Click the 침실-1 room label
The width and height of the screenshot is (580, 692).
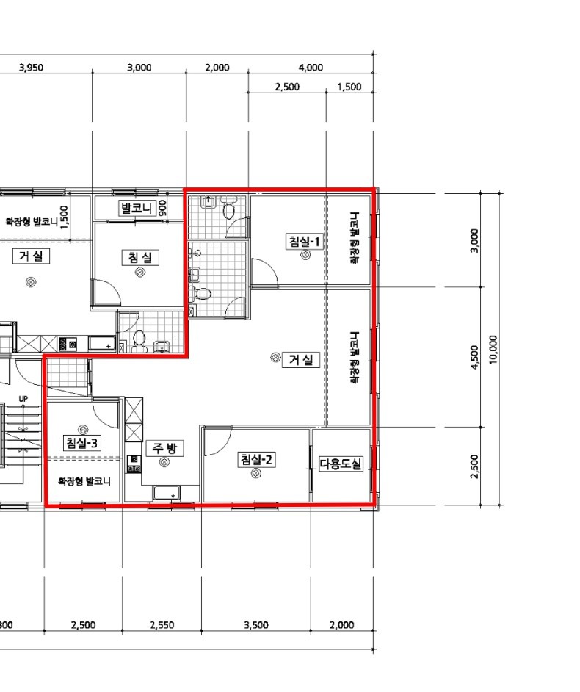coord(305,242)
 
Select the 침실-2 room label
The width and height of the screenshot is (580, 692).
coord(255,460)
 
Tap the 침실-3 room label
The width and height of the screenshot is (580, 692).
coord(82,443)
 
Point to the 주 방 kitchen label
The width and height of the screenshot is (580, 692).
coord(164,448)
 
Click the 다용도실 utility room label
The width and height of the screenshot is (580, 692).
coord(341,464)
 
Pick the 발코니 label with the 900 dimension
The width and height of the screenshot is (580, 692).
coord(137,208)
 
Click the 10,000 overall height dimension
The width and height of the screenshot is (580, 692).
coord(493,350)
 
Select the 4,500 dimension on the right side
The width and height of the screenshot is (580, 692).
coord(474,358)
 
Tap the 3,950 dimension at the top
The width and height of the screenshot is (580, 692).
coord(32,68)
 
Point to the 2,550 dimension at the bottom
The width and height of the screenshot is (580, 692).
coord(162,625)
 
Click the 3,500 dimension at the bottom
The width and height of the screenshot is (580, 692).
coord(255,625)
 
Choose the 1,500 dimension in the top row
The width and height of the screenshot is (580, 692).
coord(349,87)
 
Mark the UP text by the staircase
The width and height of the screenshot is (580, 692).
coord(23,399)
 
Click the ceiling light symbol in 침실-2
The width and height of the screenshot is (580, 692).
coord(255,474)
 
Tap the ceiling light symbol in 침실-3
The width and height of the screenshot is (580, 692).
coord(82,429)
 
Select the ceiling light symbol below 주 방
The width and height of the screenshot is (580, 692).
coord(164,462)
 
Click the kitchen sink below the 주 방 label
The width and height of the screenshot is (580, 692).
coord(166,492)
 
